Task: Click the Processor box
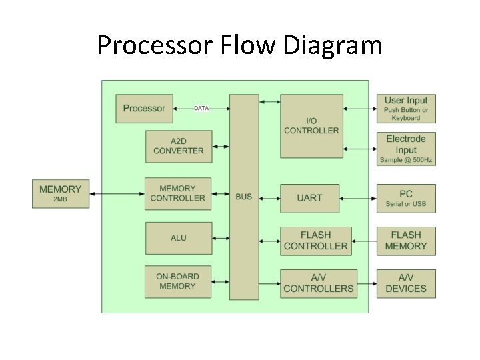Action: [x=144, y=109]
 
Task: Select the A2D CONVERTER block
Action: [x=178, y=146]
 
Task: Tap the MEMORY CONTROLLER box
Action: [x=178, y=193]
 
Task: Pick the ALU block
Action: [x=178, y=238]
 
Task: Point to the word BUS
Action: [x=244, y=197]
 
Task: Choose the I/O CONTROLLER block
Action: [x=311, y=126]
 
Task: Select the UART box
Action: [x=309, y=198]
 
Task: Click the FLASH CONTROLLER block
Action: [x=315, y=241]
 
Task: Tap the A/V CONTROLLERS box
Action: [x=318, y=283]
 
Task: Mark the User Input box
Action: [x=406, y=109]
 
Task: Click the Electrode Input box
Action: [x=406, y=149]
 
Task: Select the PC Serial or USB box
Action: [x=406, y=198]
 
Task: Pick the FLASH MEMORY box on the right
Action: [x=406, y=241]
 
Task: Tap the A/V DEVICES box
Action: [x=406, y=283]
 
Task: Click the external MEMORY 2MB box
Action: [x=61, y=193]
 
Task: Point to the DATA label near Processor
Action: [x=201, y=108]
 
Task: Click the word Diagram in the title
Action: [x=333, y=45]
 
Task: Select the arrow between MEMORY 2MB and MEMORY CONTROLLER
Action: [x=117, y=193]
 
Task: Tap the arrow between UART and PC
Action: [x=358, y=198]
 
